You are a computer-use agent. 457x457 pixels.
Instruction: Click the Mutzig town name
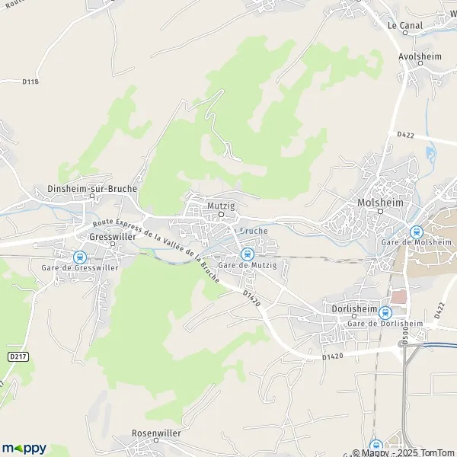tap(219, 206)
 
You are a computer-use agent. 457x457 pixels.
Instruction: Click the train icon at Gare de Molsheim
tap(416, 232)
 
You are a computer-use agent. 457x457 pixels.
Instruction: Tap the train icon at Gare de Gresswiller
tap(79, 257)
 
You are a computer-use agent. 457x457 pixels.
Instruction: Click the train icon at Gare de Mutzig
tap(246, 254)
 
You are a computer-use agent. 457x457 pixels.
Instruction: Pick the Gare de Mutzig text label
tap(247, 264)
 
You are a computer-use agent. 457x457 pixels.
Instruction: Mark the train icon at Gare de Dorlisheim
tap(385, 312)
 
